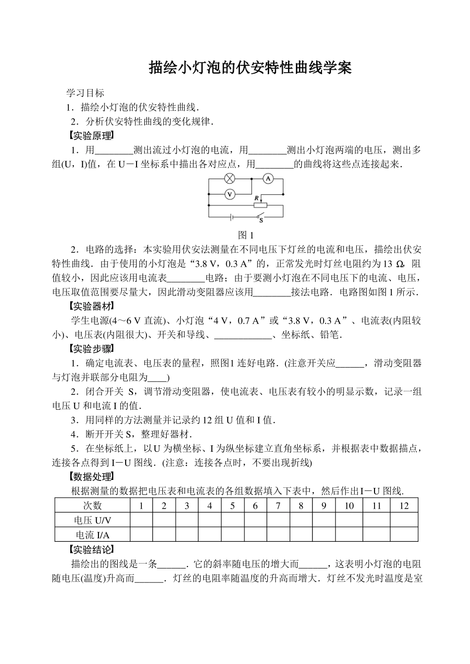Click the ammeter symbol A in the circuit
(x=268, y=179)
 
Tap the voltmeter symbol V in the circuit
(x=230, y=194)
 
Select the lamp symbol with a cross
(x=230, y=179)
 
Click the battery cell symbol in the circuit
(x=231, y=217)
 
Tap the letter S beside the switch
(x=261, y=221)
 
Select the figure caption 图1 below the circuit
(x=246, y=235)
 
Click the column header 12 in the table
(x=404, y=505)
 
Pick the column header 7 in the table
(x=279, y=505)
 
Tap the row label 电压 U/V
(x=93, y=520)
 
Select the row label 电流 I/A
(x=93, y=534)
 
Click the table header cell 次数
(x=93, y=505)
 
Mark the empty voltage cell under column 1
(x=141, y=520)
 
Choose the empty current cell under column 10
(x=349, y=534)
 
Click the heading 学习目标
(x=86, y=93)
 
